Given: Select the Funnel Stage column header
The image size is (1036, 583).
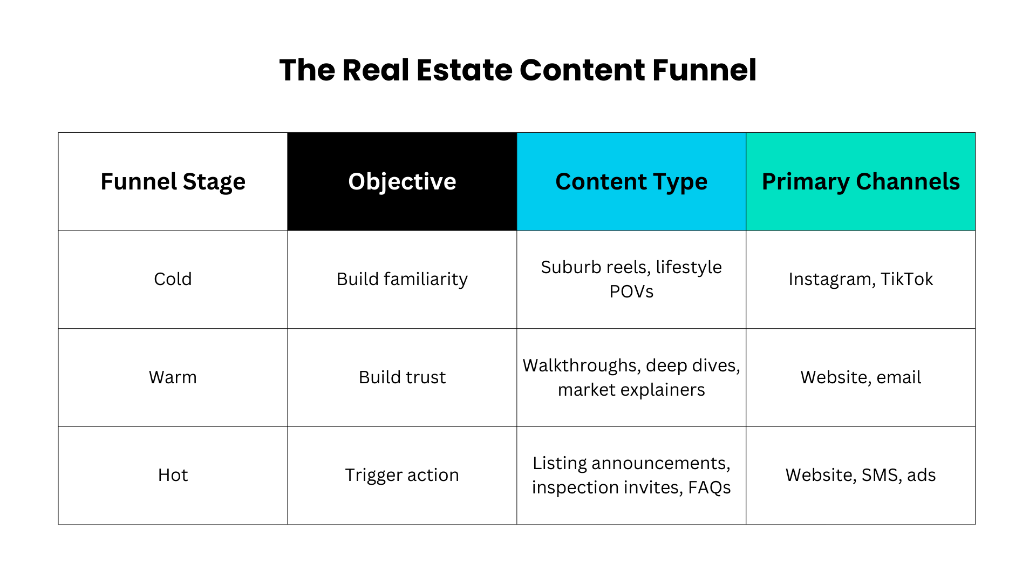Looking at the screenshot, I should pyautogui.click(x=173, y=181).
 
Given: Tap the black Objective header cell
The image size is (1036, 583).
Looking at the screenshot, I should pyautogui.click(x=402, y=181).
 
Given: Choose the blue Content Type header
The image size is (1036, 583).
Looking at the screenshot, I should pyautogui.click(x=631, y=181).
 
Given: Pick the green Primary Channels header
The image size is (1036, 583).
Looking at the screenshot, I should pyautogui.click(x=861, y=181).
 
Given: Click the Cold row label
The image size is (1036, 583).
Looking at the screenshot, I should pyautogui.click(x=173, y=279).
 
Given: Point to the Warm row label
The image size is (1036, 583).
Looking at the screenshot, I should pyautogui.click(x=173, y=377).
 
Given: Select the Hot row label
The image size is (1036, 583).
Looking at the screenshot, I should pyautogui.click(x=173, y=475).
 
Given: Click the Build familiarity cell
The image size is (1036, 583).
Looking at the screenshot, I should pyautogui.click(x=402, y=279).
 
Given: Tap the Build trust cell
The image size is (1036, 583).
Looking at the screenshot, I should pyautogui.click(x=402, y=377).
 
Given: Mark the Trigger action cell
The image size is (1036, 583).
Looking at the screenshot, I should pyautogui.click(x=402, y=475).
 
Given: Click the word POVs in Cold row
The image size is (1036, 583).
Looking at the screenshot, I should pyautogui.click(x=631, y=291).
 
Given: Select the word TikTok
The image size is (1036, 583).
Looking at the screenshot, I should pyautogui.click(x=906, y=279).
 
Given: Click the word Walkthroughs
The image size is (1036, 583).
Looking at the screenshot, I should pyautogui.click(x=581, y=365).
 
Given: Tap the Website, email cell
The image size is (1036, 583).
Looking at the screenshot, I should pyautogui.click(x=861, y=377).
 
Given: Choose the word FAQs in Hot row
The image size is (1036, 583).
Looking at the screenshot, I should pyautogui.click(x=709, y=487).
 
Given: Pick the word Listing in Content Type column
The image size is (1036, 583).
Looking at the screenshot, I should pyautogui.click(x=559, y=463).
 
